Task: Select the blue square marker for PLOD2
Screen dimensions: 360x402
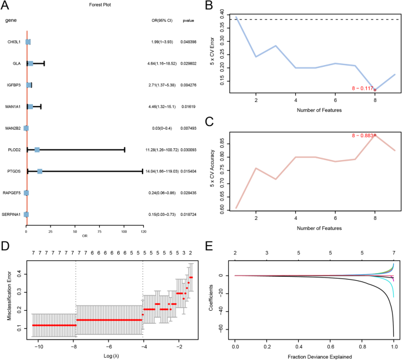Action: click(x=37, y=150)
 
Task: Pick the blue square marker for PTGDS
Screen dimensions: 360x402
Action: click(x=40, y=171)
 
